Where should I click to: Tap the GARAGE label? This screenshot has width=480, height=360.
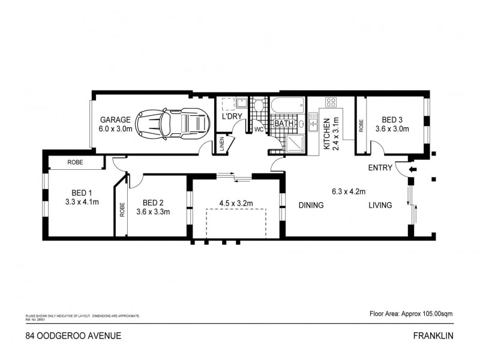point(115,119)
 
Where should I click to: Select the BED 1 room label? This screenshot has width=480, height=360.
point(81,193)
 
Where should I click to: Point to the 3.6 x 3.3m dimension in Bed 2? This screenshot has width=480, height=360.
point(153,211)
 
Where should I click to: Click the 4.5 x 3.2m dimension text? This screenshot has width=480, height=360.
point(236,203)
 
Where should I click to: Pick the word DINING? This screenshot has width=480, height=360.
point(311,205)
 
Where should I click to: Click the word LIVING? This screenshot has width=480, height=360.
point(380,205)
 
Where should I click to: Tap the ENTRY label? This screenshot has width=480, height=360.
point(380,167)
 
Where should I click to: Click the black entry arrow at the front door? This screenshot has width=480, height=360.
point(413,170)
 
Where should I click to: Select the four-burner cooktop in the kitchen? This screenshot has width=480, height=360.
point(331,102)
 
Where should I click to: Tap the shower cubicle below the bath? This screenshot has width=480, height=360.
point(293,142)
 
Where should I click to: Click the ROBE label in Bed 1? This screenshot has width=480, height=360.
point(75,163)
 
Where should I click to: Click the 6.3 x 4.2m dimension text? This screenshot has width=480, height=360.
point(349,192)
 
